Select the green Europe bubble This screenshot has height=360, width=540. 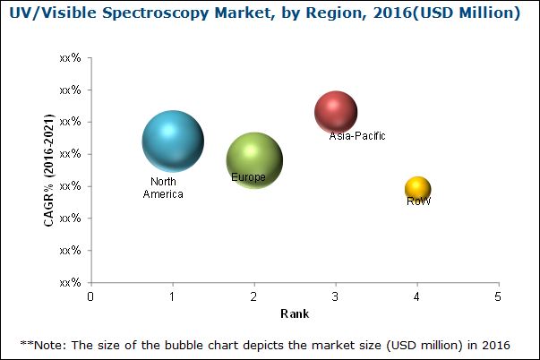click(255, 160)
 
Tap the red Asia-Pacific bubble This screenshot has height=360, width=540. click(336, 112)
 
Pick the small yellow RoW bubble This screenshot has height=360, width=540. click(418, 188)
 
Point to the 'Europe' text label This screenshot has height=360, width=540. click(248, 177)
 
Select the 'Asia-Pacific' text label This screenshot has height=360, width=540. click(357, 136)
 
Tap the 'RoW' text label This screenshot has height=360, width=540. click(418, 201)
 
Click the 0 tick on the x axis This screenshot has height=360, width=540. click(90, 296)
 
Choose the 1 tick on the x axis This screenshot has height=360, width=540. click(172, 296)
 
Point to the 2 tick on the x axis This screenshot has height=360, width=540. click(254, 296)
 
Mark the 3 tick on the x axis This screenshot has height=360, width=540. click(336, 296)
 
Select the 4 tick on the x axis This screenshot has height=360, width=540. click(417, 296)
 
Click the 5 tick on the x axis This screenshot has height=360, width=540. click(499, 296)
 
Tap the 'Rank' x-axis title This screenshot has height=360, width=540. click(294, 313)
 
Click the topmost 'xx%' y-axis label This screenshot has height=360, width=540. click(70, 57)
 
